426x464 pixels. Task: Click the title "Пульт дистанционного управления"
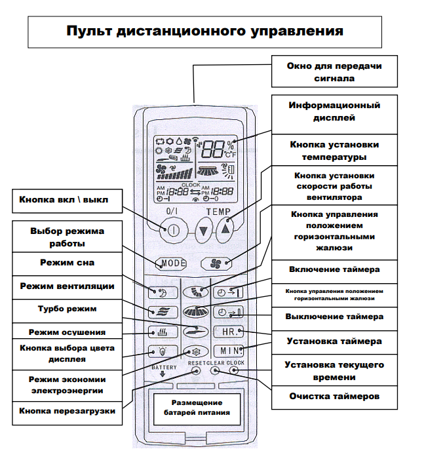204,31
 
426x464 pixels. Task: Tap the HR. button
230,332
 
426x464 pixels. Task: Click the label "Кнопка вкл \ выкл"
68,199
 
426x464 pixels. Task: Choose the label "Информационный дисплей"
335,112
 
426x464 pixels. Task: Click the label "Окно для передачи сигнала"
335,72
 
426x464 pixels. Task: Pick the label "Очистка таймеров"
335,396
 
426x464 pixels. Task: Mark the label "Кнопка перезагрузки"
68,411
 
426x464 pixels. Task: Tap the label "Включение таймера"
335,269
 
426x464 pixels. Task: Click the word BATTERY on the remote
165,368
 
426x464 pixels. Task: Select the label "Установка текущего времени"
335,371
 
